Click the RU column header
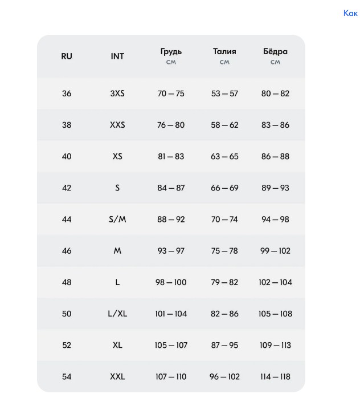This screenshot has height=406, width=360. (67, 56)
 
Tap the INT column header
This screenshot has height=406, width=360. (117, 56)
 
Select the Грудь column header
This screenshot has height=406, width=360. (171, 52)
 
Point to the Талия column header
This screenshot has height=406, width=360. (224, 52)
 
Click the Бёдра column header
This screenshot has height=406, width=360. (275, 52)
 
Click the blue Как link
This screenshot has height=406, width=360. (350, 13)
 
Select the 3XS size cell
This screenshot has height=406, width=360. (117, 94)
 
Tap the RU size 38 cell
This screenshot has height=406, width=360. (67, 125)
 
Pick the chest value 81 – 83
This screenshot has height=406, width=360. (171, 156)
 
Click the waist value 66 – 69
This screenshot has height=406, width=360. (224, 188)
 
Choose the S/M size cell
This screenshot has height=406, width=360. (117, 220)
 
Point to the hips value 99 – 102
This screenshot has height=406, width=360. (275, 251)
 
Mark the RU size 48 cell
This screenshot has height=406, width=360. (67, 282)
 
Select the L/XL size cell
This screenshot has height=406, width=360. (117, 314)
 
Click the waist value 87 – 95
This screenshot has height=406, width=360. (224, 345)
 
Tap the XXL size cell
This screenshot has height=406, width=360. (117, 376)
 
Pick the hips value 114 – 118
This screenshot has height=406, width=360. (275, 376)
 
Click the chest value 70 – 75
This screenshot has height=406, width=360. (171, 94)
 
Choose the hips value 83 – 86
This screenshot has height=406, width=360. (275, 125)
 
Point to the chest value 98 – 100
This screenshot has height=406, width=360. (171, 282)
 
